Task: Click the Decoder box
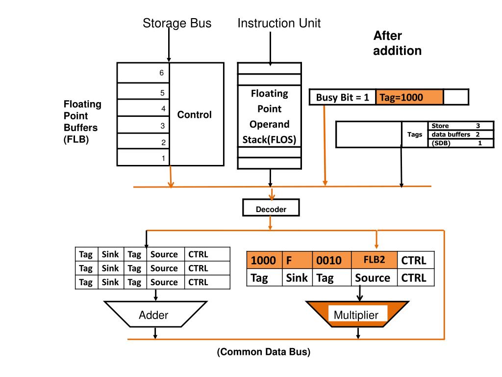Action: pos(271,209)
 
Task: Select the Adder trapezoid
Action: pos(154,315)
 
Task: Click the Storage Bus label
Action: pos(177,23)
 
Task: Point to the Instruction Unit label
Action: pos(279,23)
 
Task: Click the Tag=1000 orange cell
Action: pos(409,97)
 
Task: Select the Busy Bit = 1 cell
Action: pos(342,97)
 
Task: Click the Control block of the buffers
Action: pos(195,115)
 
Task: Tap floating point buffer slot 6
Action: pos(143,73)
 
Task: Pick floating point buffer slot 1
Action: pos(143,158)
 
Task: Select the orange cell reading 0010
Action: pos(332,260)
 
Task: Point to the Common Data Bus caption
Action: pos(264,352)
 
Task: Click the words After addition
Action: pos(397,43)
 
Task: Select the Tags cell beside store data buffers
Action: pos(415,135)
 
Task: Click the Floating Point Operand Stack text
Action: pos(269,117)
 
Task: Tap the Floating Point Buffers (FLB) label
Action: pos(82,122)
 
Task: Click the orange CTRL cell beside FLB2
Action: pos(414,260)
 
